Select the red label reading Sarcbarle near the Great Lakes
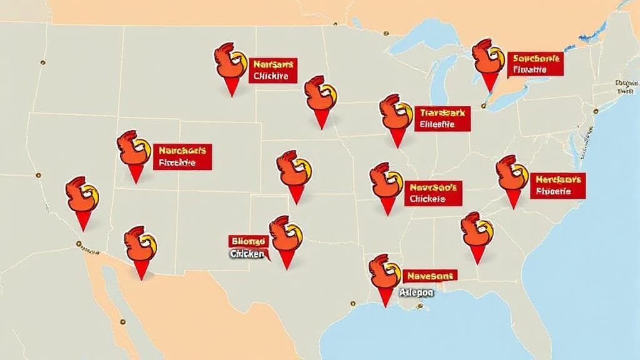535,64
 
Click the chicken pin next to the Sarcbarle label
488,59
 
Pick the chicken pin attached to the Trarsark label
396,116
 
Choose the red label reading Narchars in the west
182,156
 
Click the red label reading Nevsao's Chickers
432,193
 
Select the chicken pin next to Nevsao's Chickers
386,184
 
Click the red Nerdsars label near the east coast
557,186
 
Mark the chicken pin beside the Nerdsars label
512,177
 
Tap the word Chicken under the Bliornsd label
247,254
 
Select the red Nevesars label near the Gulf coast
430,275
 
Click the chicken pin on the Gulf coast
384,275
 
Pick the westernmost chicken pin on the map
82,198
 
